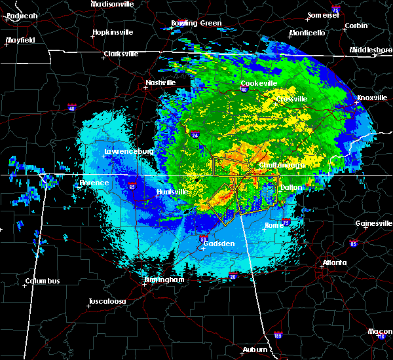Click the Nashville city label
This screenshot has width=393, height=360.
160,83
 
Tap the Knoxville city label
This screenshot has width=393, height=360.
370,98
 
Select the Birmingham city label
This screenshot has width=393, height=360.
163,279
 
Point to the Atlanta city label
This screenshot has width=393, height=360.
335,264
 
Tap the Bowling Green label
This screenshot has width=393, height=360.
192,23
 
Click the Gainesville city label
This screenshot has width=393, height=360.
373,223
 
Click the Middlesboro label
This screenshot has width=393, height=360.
371,50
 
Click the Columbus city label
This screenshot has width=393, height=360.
43,281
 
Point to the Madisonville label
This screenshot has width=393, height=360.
112,4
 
